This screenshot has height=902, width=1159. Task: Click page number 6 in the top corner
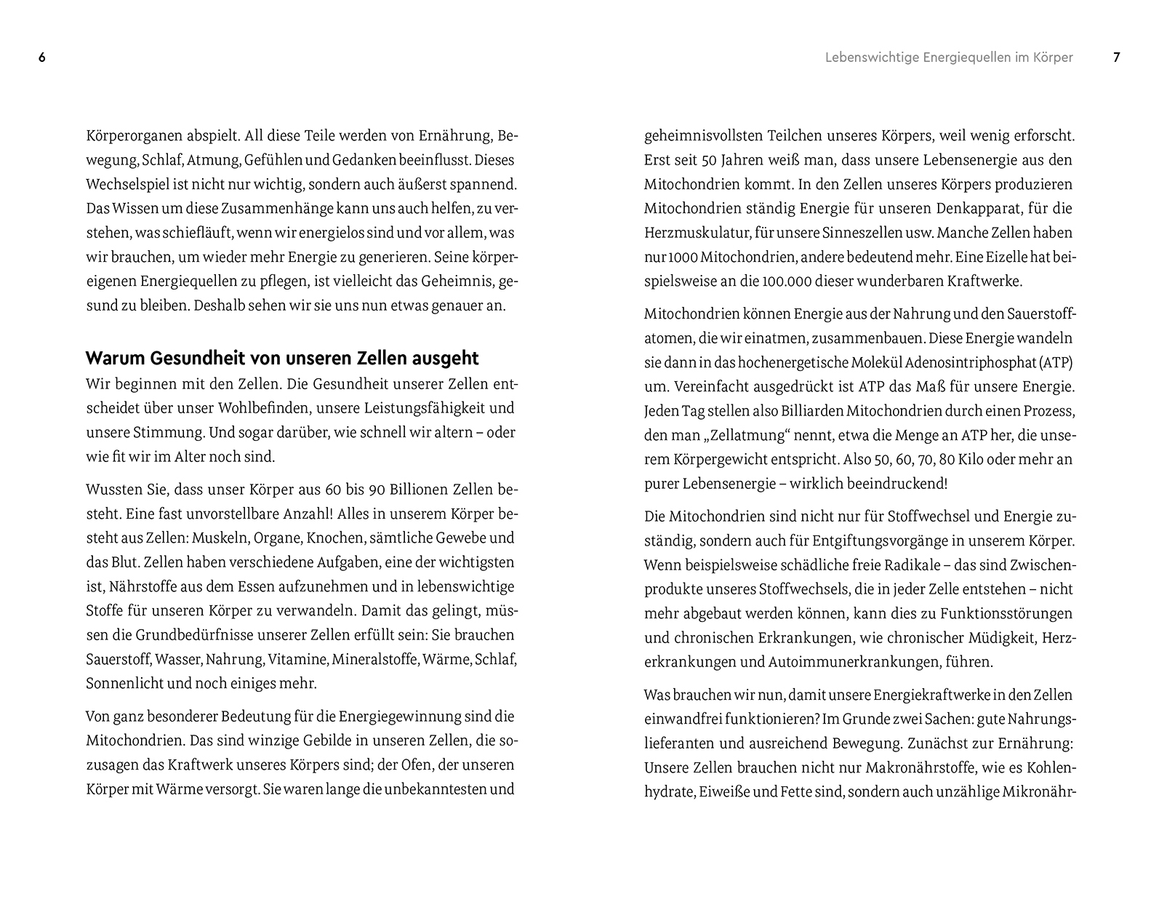pyautogui.click(x=42, y=57)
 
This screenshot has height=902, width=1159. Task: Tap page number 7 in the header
pyautogui.click(x=1117, y=57)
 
